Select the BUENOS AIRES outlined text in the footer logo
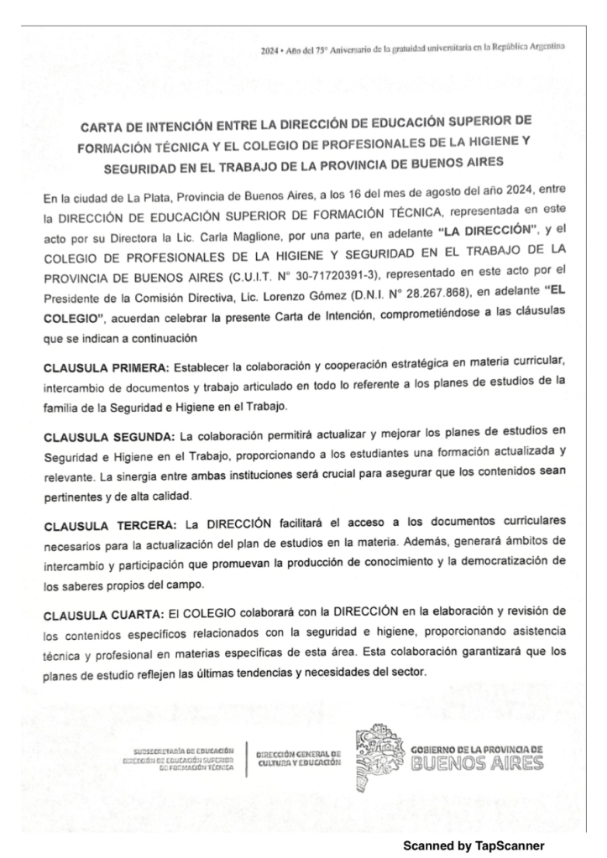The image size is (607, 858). click(478, 762)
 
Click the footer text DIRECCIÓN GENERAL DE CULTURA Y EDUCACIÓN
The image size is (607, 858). click(299, 758)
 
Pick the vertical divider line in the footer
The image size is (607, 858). click(247, 757)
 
